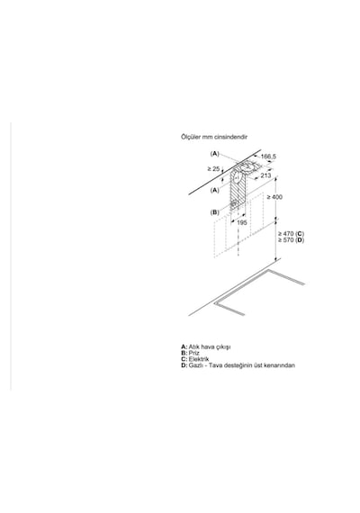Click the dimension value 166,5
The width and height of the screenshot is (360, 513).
pos(268,157)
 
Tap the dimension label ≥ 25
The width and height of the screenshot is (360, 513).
pos(213,169)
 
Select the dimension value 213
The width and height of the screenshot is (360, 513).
pos(265,175)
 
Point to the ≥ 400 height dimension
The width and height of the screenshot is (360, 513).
pos(274,197)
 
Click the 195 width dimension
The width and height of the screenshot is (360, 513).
pos(241,222)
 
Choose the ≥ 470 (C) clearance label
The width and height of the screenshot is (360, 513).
pos(291,234)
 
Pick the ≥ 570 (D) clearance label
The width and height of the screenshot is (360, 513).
pos(291,239)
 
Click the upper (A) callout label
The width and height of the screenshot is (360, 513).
pos(214,153)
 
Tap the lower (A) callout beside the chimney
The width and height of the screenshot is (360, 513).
pos(215,190)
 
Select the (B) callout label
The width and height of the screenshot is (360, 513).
pos(215,212)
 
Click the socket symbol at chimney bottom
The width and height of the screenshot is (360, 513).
pos(233,203)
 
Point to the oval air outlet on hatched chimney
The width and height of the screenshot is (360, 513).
pos(238,178)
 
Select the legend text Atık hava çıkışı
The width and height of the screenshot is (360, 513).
pos(210,346)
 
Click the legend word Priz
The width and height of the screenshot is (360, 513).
pos(194,353)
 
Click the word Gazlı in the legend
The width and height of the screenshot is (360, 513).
pos(195,365)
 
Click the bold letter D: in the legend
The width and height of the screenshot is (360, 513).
pos(184,365)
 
